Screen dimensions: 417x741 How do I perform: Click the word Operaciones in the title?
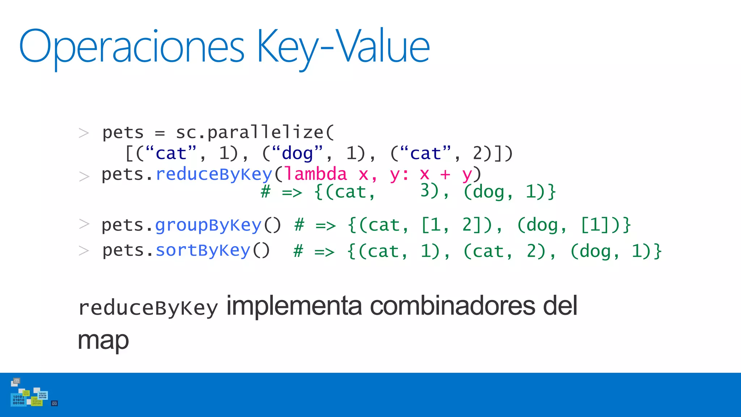pos(132,47)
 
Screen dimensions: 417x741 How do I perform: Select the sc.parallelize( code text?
pos(255,132)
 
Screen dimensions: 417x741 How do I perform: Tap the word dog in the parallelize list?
pos(297,153)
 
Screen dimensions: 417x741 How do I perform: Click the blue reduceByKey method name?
pos(213,174)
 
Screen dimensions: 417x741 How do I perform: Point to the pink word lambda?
pos(316,174)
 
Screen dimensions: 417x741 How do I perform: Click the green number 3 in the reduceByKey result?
pos(425,190)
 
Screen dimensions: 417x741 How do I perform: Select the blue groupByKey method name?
pos(208,226)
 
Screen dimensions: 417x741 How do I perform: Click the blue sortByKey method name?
pos(203,250)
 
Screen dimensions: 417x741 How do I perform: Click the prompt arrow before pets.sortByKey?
pos(84,250)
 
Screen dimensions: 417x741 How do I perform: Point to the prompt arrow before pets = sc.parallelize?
pos(84,133)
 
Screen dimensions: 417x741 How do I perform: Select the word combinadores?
pos(452,306)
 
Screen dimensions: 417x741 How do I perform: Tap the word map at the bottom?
pos(103,340)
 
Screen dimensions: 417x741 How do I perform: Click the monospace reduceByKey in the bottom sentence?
pos(148,308)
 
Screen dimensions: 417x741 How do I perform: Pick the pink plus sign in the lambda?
pos(445,175)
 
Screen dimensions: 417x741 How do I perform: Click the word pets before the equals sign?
pos(123,133)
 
